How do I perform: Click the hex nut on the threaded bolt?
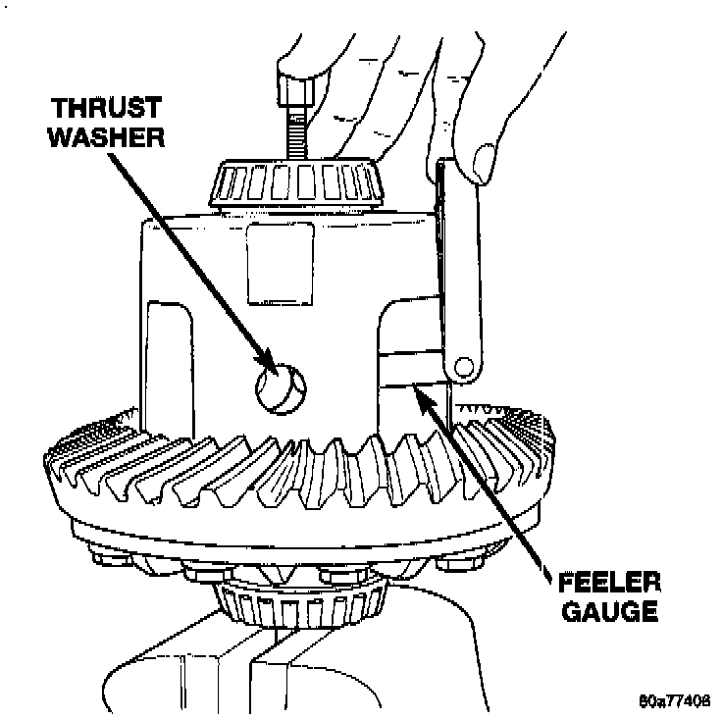291,90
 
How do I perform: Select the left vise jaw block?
196,677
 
